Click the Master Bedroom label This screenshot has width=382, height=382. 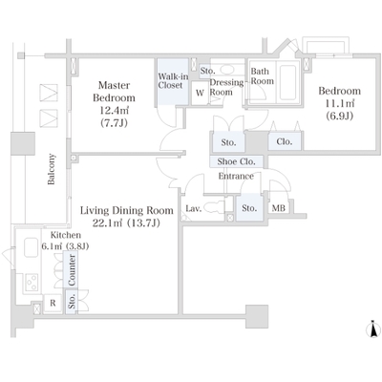coord(114,92)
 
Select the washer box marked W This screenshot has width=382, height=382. coord(200,93)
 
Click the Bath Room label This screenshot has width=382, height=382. coord(262,76)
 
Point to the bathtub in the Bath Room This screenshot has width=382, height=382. coord(288,82)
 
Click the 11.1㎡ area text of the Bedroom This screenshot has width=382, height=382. coord(340,103)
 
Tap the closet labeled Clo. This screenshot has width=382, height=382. coord(285,141)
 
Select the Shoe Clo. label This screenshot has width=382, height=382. coord(236,161)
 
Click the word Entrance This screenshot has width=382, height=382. coord(236,176)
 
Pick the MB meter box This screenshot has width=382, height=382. coord(279,208)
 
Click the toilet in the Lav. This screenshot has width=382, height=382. coord(214,208)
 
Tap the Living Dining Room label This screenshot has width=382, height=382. coord(127,210)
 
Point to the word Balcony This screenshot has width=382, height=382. coord(52,169)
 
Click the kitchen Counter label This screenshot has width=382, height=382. coord(72,270)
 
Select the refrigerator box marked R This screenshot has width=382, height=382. coord(53,303)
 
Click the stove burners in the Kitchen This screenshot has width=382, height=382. coord(32,282)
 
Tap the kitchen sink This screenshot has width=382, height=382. coord(31,247)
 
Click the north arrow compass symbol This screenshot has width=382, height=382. coord(374,329)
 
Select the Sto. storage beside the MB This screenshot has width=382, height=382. coord(249,207)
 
